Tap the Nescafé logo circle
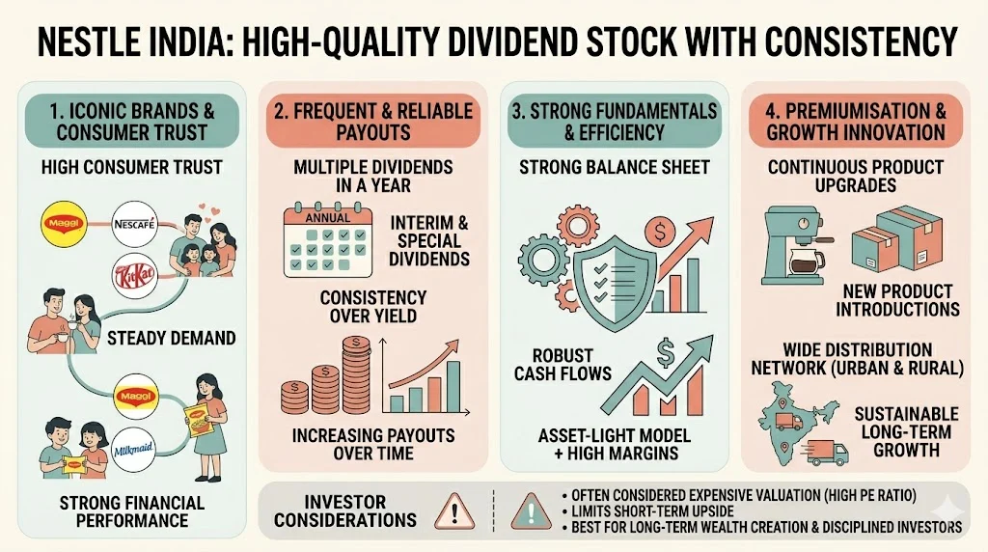pyautogui.click(x=135, y=224)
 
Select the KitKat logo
pyautogui.click(x=135, y=276)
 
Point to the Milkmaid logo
pyautogui.click(x=133, y=450)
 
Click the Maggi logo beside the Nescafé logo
pyautogui.click(x=64, y=224)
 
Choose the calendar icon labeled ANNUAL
pyautogui.click(x=328, y=240)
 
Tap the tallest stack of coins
pyautogui.click(x=358, y=375)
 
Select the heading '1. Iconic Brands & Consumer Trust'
pyautogui.click(x=131, y=122)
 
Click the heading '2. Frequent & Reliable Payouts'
pyautogui.click(x=373, y=122)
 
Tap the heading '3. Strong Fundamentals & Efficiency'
pyautogui.click(x=615, y=122)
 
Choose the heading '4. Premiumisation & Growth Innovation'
pyautogui.click(x=856, y=122)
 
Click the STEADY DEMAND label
pyautogui.click(x=172, y=339)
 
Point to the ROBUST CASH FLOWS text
pyautogui.click(x=563, y=365)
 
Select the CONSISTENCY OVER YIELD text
pyautogui.click(x=373, y=306)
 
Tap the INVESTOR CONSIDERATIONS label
pyautogui.click(x=345, y=511)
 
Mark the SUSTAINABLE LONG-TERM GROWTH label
pyautogui.click(x=906, y=431)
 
